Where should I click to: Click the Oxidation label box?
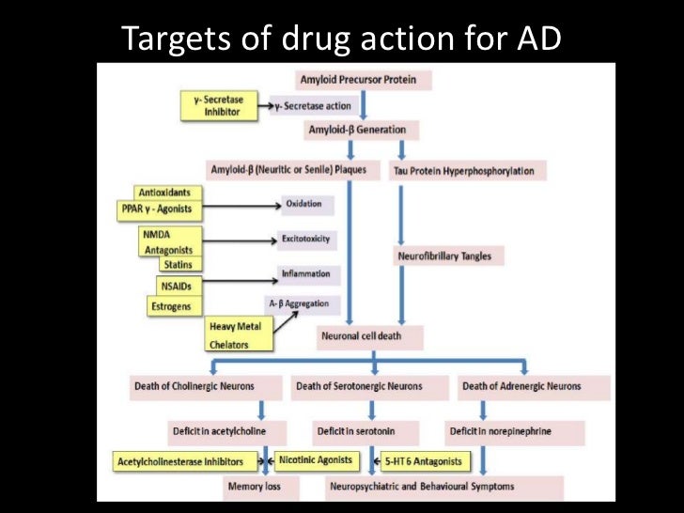[303, 204]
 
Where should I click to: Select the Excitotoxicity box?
[305, 240]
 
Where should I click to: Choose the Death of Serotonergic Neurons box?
[359, 386]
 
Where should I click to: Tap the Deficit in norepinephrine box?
[499, 431]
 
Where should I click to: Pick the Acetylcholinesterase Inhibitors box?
[186, 461]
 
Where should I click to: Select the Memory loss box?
[254, 487]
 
